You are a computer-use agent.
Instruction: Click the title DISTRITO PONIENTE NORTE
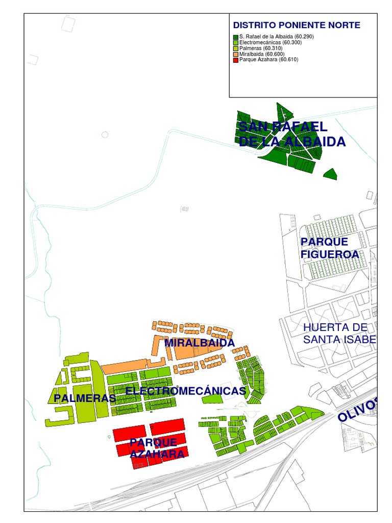297,25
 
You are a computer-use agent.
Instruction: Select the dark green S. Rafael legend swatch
235,37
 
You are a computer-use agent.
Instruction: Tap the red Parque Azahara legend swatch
235,60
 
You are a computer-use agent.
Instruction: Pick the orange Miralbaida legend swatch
235,54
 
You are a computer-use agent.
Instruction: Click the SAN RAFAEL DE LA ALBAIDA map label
291,134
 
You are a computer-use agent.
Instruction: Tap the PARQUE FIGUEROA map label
329,248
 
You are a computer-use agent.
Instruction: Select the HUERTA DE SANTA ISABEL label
339,334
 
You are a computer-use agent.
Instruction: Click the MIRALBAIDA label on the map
199,343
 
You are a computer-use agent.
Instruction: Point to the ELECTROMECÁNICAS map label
186,391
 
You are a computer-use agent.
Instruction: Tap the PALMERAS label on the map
84,398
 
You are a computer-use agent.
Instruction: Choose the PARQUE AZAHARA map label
153,448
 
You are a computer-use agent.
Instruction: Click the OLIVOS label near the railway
357,409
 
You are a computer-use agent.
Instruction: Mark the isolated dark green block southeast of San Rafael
331,174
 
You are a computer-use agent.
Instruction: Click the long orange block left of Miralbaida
125,366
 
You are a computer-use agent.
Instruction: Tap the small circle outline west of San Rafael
105,134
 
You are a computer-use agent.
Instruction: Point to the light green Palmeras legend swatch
235,49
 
